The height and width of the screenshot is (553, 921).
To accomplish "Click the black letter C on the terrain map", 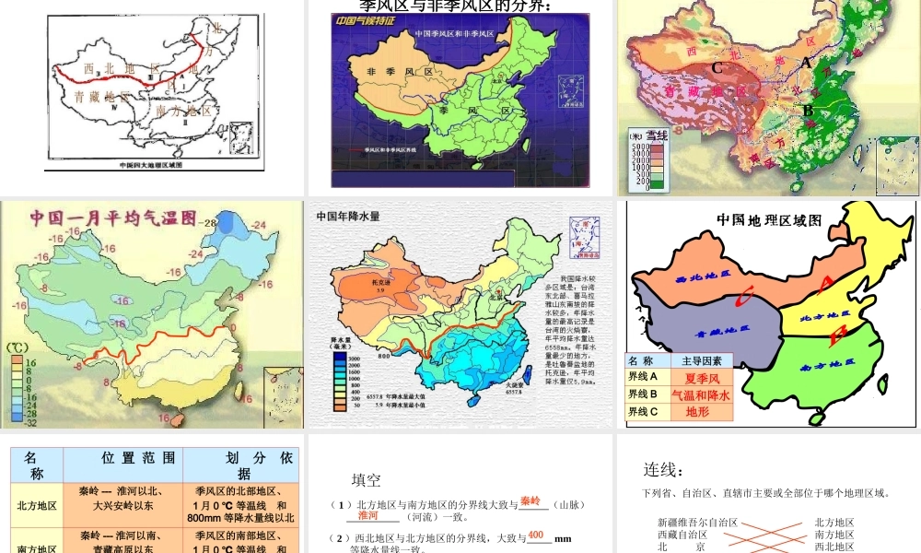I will click(x=717, y=67).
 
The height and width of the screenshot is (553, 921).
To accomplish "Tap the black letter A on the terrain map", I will click(x=806, y=63).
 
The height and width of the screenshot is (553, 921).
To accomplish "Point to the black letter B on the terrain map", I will click(x=808, y=111).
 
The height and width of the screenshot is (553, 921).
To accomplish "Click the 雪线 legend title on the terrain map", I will click(x=657, y=135).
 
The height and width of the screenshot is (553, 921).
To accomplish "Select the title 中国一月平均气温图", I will click(x=113, y=218).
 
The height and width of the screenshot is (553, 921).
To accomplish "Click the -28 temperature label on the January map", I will click(x=210, y=223).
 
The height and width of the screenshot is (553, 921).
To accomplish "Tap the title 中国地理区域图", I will click(x=769, y=219).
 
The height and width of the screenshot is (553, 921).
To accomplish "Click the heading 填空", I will click(x=367, y=480).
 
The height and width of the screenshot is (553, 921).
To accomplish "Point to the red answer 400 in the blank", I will click(x=536, y=535).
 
